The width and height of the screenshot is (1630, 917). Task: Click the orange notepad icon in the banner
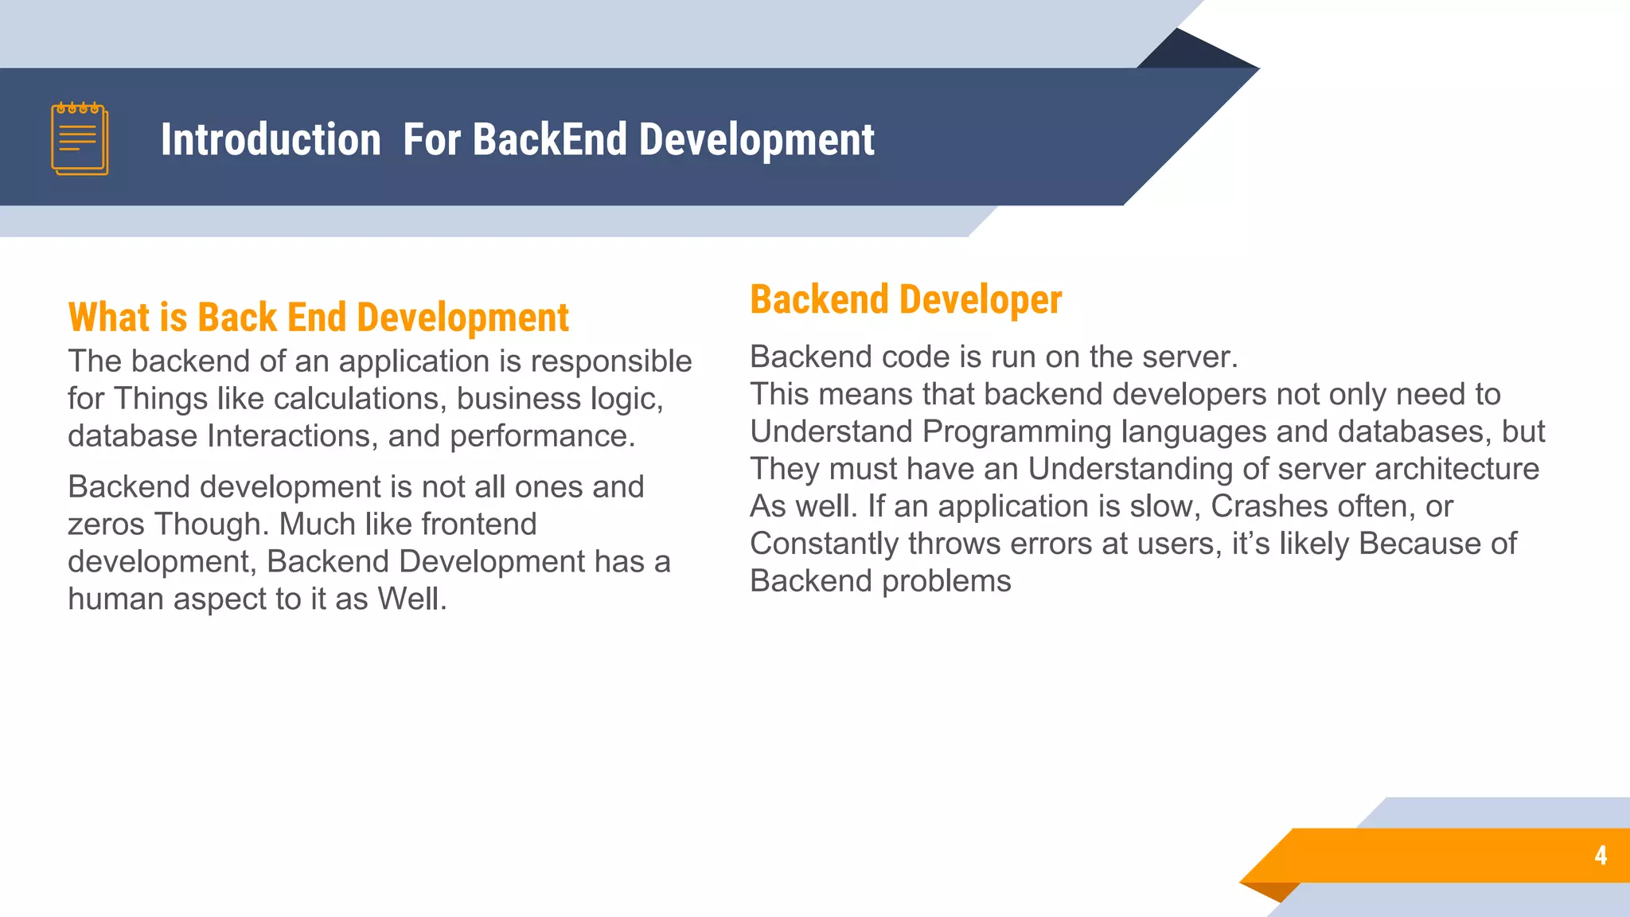(80, 139)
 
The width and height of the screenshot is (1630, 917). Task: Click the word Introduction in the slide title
(271, 140)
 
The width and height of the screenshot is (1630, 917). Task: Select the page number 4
(1601, 856)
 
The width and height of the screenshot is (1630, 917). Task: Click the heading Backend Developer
(906, 300)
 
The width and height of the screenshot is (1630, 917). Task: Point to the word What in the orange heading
(109, 318)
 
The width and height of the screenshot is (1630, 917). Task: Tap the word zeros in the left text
(107, 525)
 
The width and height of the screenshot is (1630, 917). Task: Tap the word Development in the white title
(756, 140)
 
